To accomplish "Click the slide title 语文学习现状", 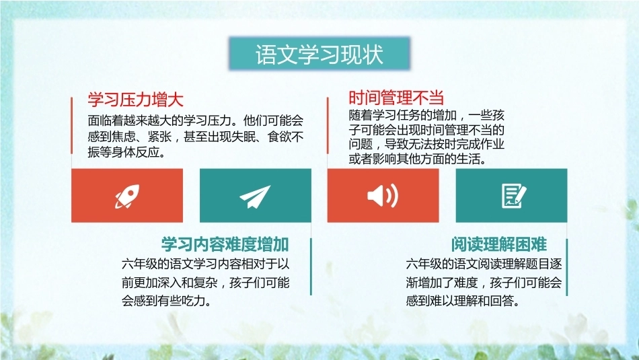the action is coord(319,55).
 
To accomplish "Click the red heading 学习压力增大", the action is coord(135,100).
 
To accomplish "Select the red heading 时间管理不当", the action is coord(396,98).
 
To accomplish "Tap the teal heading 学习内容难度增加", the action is coord(225,244).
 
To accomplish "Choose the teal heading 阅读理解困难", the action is coord(499,244).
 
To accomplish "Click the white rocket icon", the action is coord(127,196).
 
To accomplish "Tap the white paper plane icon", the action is coord(255,196).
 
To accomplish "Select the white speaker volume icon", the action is coord(383,196).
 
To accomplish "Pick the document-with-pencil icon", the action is coord(513,196).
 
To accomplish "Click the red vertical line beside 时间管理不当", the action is coord(328,126).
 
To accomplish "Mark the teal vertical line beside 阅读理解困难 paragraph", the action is coord(566,267).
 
